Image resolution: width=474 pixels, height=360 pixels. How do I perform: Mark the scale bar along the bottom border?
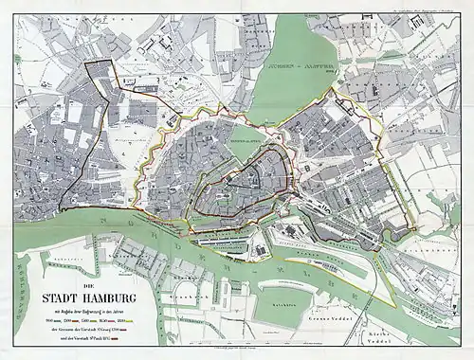(x=237, y=348)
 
